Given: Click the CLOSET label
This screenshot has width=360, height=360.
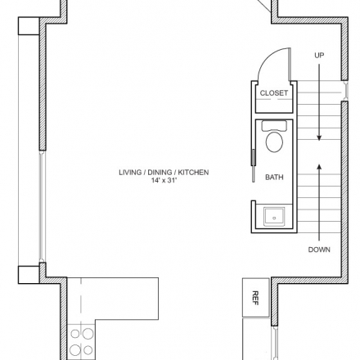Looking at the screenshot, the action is [x=273, y=93].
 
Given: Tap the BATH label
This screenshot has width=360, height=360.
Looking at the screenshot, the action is [x=274, y=178].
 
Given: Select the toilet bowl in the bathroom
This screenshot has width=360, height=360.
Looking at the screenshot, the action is [x=274, y=142].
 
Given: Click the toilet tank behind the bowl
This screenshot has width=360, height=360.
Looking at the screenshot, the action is [x=274, y=126].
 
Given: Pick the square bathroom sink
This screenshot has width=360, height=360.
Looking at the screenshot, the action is [x=274, y=216].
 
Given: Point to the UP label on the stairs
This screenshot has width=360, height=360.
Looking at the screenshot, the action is [x=319, y=56].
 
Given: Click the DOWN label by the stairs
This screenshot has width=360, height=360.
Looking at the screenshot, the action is [x=319, y=250].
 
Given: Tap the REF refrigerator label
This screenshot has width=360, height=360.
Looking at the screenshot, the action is [x=255, y=298].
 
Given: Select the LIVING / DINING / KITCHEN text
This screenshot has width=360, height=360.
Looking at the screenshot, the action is [x=164, y=173].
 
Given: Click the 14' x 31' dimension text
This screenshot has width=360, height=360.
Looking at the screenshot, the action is [x=164, y=180].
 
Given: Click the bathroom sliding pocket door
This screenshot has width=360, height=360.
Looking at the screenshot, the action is [x=254, y=165].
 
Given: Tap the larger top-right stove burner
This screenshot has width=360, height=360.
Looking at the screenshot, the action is [x=88, y=333].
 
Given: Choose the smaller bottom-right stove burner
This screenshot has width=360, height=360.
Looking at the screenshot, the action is [x=88, y=350].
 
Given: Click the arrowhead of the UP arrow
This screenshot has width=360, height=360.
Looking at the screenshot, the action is [x=319, y=137].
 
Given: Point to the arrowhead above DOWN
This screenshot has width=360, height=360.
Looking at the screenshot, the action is [x=319, y=166].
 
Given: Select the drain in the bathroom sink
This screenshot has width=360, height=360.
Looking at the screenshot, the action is [x=274, y=218].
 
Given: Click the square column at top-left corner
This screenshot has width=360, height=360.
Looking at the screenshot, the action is [x=29, y=26].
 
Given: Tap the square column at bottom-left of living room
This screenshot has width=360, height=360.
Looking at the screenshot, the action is [x=29, y=275].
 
